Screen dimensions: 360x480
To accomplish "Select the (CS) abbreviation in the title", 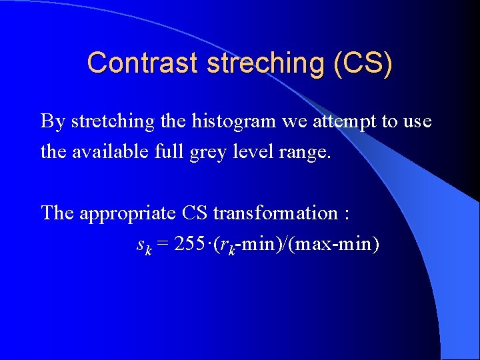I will tap(366, 63).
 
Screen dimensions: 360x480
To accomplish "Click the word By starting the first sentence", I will tap(53, 122).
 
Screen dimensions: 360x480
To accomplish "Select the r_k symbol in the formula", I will tap(228, 245).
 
